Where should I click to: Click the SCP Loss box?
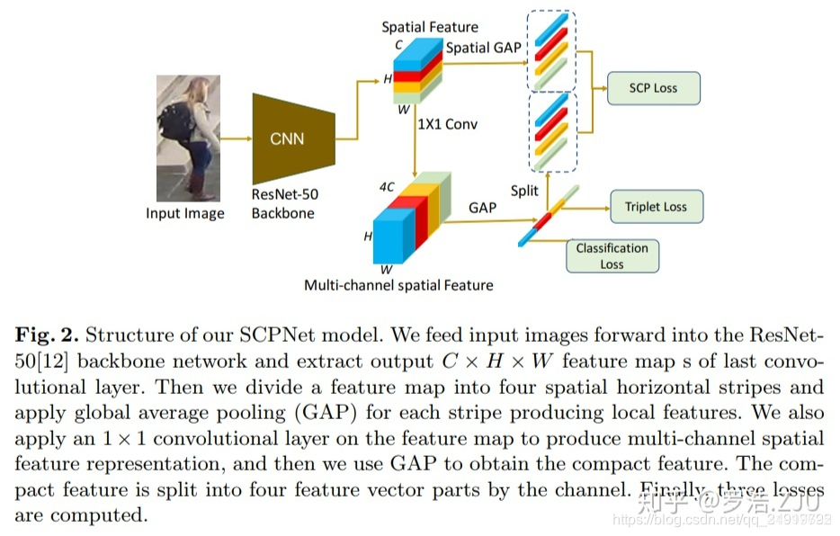coord(653,88)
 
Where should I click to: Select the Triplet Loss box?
coord(656,207)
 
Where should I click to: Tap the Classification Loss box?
coord(612,256)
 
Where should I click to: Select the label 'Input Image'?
coord(185,214)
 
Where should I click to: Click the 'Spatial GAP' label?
coord(483,48)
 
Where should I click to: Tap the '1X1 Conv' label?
coord(447,124)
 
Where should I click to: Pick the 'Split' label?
coord(524,191)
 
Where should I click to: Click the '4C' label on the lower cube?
coord(387,187)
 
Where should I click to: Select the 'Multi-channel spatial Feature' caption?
coord(398,285)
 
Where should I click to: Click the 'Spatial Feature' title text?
coord(430,27)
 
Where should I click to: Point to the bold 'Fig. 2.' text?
coord(46,336)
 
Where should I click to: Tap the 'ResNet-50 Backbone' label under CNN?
coord(284,203)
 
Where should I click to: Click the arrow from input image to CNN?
coord(237,138)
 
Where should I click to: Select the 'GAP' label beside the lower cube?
coord(482,207)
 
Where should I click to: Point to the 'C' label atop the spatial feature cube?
coord(387,42)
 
